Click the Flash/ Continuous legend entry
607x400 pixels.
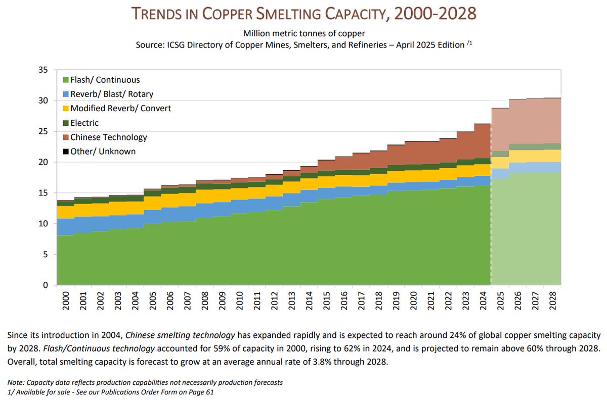(105, 80)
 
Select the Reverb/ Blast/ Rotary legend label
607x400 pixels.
(112, 94)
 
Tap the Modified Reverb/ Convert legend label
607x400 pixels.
(121, 108)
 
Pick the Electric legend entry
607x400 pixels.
(84, 123)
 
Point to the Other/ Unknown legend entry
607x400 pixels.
(103, 151)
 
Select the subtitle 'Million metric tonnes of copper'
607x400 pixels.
(303, 34)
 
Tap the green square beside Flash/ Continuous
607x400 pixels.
(66, 80)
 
